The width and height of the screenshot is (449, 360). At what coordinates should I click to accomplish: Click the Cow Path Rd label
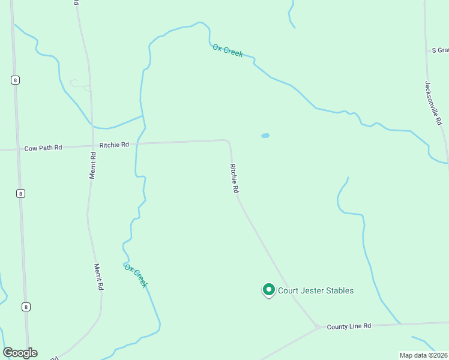(x=43, y=148)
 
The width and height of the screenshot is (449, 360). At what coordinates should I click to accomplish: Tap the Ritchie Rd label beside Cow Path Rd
(x=114, y=145)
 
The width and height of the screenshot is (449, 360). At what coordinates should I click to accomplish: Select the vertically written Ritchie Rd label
(x=234, y=178)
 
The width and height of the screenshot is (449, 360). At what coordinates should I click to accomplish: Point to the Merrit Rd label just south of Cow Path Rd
(x=93, y=164)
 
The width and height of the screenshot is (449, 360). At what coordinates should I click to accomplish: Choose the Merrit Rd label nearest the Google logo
(x=99, y=277)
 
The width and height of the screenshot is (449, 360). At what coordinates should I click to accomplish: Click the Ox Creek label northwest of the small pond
(x=228, y=50)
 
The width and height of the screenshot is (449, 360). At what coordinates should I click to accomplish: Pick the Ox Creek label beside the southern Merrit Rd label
(x=136, y=275)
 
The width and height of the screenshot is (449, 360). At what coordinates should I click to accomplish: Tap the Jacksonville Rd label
(x=433, y=103)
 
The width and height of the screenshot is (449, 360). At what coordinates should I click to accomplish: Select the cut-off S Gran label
(x=440, y=50)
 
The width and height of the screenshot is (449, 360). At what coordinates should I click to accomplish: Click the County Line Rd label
(x=349, y=326)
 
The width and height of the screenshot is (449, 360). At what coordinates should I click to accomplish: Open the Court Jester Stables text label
(x=315, y=291)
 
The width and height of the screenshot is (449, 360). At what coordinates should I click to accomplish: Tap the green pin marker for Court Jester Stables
(x=268, y=290)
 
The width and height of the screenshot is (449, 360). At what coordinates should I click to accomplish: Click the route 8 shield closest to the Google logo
(x=26, y=307)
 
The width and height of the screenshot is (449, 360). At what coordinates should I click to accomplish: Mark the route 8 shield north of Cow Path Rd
(x=14, y=80)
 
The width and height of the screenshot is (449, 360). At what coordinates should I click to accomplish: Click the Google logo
(x=20, y=353)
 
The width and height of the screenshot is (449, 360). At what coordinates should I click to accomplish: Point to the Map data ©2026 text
(x=423, y=355)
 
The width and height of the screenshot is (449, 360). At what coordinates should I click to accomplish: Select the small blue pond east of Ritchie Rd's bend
(x=265, y=136)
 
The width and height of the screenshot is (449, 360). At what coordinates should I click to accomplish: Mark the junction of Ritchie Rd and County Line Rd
(x=317, y=326)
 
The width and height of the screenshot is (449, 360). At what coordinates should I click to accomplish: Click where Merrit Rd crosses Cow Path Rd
(x=92, y=145)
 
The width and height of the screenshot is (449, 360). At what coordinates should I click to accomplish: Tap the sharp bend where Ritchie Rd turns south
(x=228, y=142)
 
